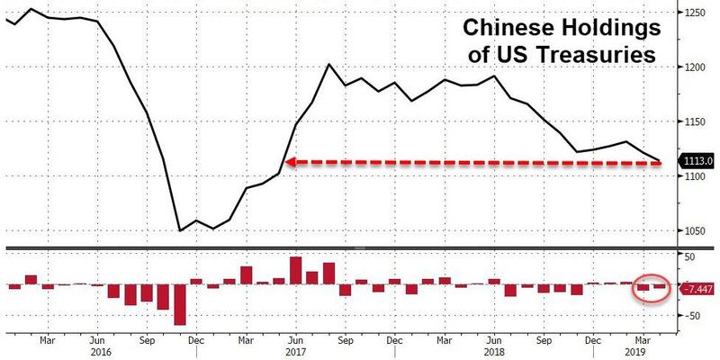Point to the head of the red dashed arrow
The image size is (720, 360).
tap(290, 162)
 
